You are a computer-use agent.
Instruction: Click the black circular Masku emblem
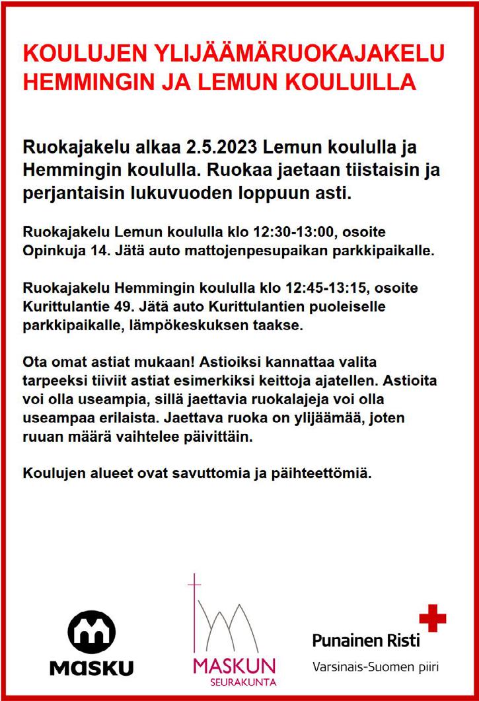point(92,632)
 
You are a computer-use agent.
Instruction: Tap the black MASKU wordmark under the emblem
point(92,668)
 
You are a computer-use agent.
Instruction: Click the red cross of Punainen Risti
point(433,618)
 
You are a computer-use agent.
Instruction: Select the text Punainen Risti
point(365,639)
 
